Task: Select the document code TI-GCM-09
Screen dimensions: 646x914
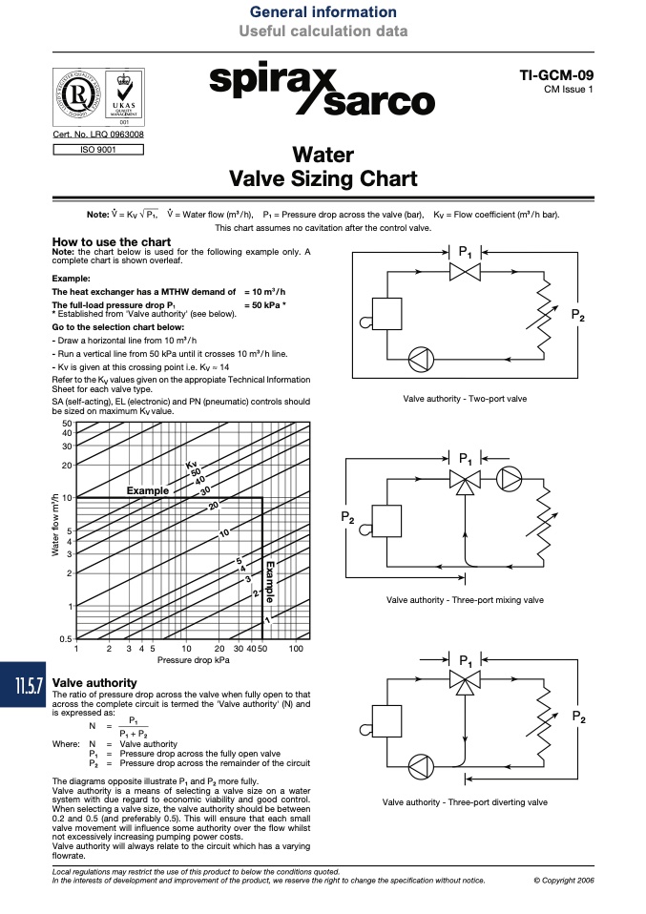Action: click(x=556, y=75)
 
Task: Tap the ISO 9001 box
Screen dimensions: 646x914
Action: click(x=98, y=150)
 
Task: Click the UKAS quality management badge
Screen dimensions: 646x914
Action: click(x=124, y=96)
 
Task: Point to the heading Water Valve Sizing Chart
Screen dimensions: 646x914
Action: click(x=323, y=167)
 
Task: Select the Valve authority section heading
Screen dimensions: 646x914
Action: click(x=94, y=682)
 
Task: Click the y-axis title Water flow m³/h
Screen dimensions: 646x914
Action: click(x=55, y=525)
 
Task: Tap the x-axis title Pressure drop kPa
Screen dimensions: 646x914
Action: click(x=193, y=660)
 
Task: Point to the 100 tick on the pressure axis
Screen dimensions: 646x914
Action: click(x=296, y=648)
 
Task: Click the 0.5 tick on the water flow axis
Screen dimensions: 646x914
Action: click(x=65, y=639)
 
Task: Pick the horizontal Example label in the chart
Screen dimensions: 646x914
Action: click(x=148, y=490)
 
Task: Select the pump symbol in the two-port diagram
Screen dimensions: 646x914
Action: click(x=421, y=359)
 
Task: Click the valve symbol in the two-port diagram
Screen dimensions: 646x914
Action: click(x=465, y=272)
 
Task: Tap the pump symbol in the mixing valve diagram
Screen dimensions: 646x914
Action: click(x=509, y=479)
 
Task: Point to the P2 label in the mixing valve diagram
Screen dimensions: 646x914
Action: click(x=347, y=517)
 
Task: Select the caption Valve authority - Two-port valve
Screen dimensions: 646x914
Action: click(x=465, y=399)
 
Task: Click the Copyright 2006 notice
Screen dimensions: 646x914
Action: click(x=564, y=881)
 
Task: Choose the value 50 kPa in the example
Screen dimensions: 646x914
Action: click(x=265, y=305)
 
